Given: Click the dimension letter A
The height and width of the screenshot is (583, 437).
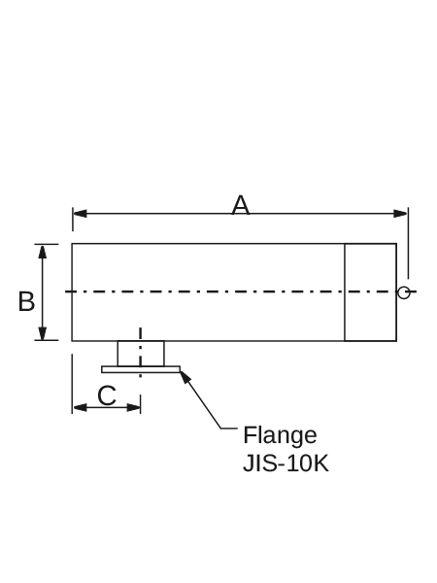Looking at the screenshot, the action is (241, 205).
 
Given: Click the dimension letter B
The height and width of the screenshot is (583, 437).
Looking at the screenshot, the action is (26, 301).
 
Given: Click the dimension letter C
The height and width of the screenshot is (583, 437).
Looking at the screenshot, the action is (107, 395).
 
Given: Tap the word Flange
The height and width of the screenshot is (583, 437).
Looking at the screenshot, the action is (280, 435).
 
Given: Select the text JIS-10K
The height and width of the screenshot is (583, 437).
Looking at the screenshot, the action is (286, 463).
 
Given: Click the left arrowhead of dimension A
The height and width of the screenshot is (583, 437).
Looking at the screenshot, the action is (80, 214).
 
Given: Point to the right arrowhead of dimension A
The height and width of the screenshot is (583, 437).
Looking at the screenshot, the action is (400, 214).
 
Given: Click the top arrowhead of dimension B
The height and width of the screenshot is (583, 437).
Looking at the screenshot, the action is (43, 252).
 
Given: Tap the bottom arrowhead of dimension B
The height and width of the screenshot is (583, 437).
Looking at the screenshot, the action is (43, 332).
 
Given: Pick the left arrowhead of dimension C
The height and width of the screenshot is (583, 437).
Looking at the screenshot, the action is (80, 407).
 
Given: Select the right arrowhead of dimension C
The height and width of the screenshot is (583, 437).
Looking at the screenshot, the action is (133, 407).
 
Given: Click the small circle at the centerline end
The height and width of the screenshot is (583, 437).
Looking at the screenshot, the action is (404, 292).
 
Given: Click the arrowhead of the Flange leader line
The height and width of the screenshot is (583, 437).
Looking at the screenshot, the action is (185, 377).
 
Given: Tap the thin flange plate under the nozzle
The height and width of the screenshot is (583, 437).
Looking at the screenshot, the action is (141, 369).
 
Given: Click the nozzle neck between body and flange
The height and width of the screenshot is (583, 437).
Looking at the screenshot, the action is (141, 354).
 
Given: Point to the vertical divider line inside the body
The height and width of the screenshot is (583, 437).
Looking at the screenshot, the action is (345, 292).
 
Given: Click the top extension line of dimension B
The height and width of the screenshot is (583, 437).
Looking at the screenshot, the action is (47, 244).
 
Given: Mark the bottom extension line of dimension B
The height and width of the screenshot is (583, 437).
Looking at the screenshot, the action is (47, 340).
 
